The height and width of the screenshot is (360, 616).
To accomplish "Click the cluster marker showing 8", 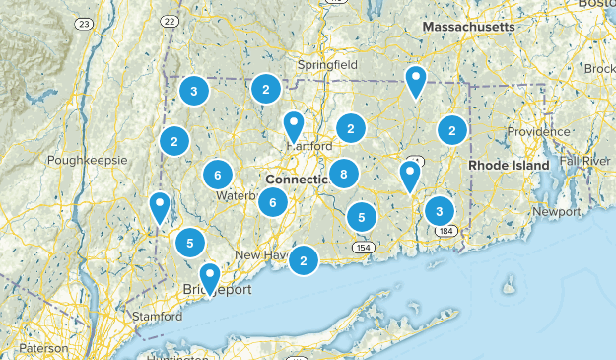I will click(x=343, y=176).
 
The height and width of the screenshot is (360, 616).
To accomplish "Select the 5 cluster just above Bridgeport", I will click(x=190, y=242).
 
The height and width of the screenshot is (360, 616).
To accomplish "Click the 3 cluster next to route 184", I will click(x=439, y=211).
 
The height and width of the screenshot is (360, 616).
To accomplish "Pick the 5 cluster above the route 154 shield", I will click(x=362, y=217).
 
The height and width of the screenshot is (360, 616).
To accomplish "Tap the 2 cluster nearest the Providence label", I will click(x=451, y=129).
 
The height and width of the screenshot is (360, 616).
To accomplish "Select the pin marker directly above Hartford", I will click(x=294, y=124).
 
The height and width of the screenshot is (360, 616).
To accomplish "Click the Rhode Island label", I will click(x=509, y=166).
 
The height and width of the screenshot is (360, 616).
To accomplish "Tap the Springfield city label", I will click(x=329, y=65).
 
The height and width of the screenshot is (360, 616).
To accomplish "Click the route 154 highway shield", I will click(x=364, y=247).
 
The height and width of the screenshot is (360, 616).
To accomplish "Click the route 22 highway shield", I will click(x=171, y=22).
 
